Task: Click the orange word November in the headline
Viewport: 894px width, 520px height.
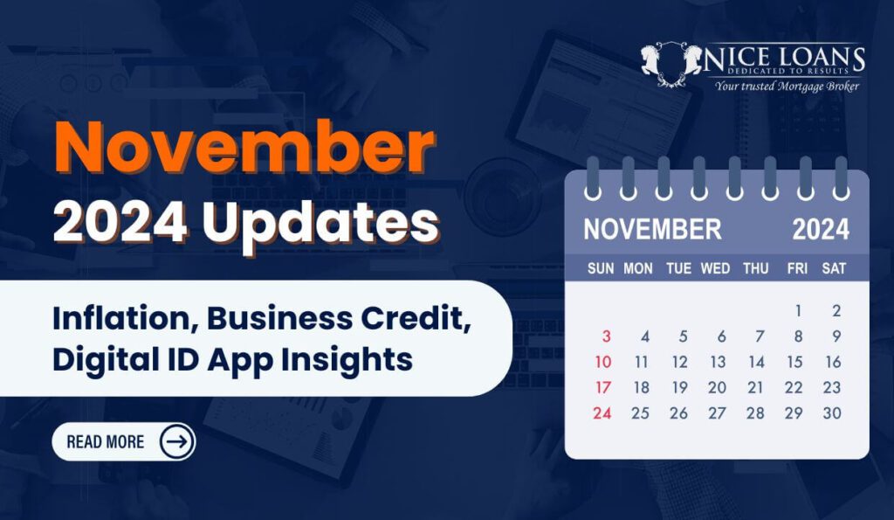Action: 245,148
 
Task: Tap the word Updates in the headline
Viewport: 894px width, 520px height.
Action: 321,225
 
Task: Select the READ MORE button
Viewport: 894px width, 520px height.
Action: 124,442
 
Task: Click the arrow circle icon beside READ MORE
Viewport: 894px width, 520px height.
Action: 176,442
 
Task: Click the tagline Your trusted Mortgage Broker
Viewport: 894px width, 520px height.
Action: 787,87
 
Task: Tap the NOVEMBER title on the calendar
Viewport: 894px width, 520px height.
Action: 652,230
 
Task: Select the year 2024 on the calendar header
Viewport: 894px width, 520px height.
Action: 821,230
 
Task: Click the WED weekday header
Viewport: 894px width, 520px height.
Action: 715,268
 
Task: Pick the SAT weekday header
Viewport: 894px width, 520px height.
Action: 834,268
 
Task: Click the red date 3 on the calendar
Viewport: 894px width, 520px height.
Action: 606,336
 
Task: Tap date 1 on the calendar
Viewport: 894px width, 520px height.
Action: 798,310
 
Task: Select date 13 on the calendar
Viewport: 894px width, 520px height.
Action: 718,362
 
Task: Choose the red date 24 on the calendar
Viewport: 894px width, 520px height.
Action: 602,413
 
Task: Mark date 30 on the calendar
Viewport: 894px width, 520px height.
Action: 832,413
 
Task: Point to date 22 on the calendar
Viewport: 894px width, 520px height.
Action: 794,387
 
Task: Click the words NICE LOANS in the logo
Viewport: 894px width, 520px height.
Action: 785,58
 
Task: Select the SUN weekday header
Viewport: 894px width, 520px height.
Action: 601,268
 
